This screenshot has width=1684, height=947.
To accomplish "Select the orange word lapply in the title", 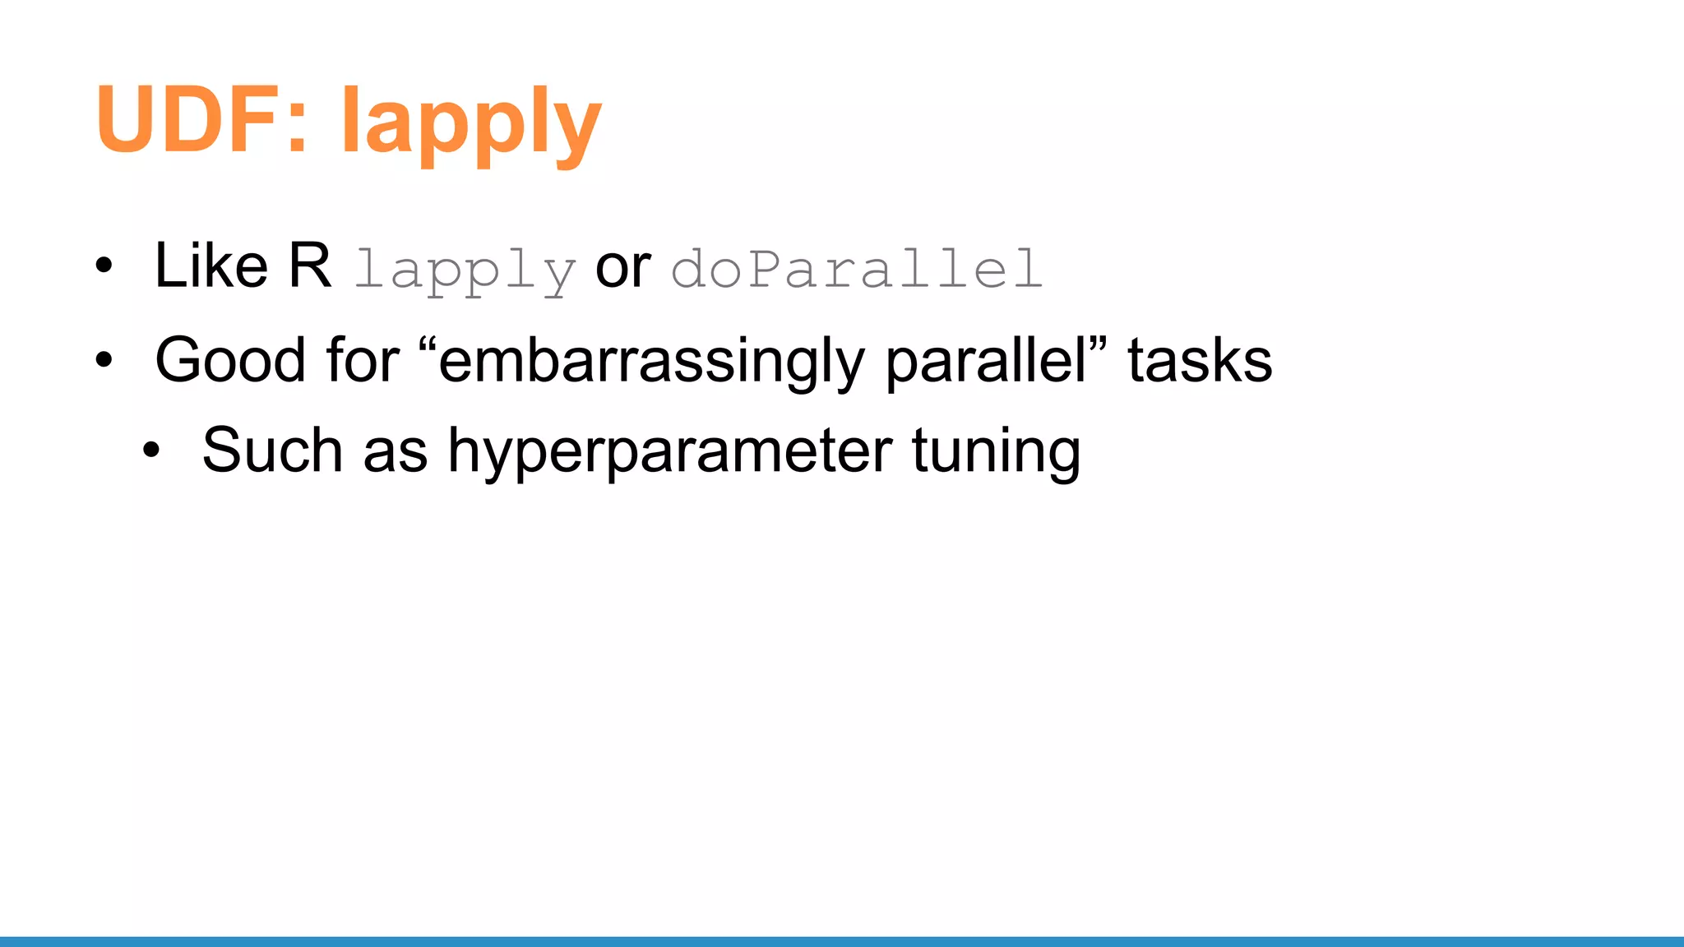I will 470,123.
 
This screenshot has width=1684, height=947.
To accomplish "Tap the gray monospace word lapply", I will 465,270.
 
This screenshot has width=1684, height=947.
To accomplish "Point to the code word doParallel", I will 857,268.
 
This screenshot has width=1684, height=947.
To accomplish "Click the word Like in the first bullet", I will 211,266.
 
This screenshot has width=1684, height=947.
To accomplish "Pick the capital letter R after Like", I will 309,266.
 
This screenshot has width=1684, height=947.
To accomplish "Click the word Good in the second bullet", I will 230,360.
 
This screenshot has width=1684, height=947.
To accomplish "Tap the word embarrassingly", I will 650,362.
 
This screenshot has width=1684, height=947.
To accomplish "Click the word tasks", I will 1199,360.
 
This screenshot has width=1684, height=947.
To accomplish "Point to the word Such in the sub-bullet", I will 272,450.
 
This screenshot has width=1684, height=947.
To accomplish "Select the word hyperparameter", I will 669,452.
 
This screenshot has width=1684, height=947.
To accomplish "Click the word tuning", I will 996,452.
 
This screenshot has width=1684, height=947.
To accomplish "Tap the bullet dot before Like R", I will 104,266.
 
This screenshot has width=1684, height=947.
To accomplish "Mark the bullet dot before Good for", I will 104,360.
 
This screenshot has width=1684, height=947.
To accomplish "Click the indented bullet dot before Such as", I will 151,450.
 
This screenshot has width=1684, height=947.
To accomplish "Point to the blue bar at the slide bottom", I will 842,941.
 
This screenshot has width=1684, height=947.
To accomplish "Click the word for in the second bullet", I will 363,360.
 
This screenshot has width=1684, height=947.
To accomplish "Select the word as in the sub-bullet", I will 395,452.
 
